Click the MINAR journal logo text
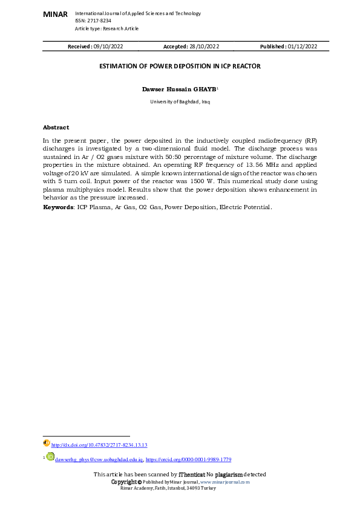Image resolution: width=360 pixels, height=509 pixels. click(56, 13)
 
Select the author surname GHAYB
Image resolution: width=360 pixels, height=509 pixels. click(204, 89)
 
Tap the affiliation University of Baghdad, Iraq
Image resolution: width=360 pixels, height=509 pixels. click(180, 102)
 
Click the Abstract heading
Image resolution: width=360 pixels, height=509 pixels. click(56, 128)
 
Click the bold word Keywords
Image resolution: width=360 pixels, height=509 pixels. click(57, 207)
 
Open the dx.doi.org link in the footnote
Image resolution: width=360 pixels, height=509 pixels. click(99, 444)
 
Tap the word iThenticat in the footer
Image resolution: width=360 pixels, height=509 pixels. click(191, 475)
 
